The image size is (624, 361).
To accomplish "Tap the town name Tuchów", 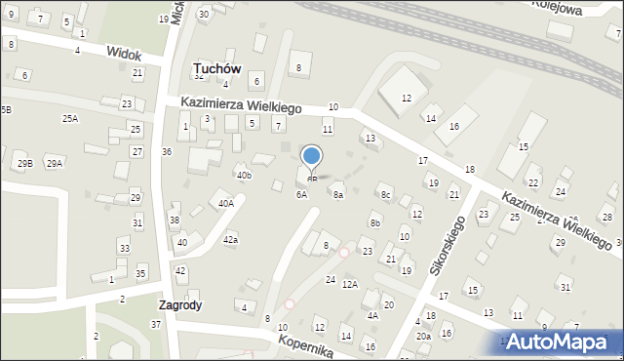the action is (219, 67).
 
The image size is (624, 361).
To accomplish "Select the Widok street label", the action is (124, 55).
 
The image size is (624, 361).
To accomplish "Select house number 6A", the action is (302, 194).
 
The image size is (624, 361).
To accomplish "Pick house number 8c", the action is (385, 194).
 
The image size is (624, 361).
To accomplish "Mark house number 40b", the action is (244, 176).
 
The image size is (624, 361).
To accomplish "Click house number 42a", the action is (230, 239).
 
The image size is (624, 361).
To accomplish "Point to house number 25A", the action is (70, 118).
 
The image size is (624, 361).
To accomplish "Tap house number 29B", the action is (24, 163).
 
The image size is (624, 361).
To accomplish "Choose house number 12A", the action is (350, 284).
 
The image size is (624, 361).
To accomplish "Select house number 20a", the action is (423, 336).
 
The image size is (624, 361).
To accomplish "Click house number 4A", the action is (371, 315).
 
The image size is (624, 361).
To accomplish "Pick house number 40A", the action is (225, 204).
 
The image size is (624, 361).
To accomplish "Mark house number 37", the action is (156, 324).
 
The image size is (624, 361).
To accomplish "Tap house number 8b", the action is (374, 223).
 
